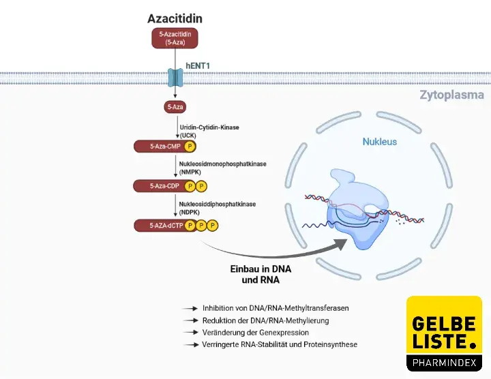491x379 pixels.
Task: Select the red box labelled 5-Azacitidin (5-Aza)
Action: coord(175,38)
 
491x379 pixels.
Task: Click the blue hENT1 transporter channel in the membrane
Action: coord(176,76)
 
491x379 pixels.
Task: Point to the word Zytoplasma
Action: coord(451,95)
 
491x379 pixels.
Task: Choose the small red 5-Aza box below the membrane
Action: coord(175,107)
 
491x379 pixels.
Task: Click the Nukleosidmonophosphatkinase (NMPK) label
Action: coord(222,168)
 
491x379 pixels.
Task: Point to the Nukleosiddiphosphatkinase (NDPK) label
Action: coord(217,207)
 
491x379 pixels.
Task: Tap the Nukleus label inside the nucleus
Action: coord(379,142)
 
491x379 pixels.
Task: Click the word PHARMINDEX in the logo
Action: coord(444,361)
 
